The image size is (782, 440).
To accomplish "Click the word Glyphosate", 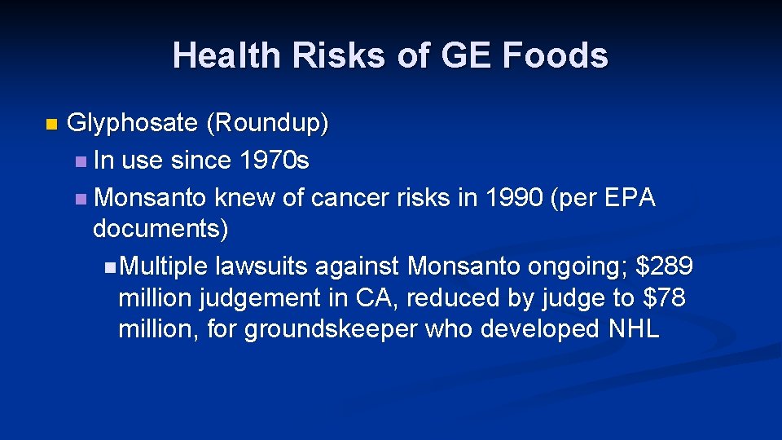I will point(132,123).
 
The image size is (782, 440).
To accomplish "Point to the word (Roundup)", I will point(268,123).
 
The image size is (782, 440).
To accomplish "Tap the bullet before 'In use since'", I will point(79,161).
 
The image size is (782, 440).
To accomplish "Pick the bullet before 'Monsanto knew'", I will point(79,198).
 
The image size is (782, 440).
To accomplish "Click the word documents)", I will point(160,229).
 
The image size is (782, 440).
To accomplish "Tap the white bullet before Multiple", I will point(110,266).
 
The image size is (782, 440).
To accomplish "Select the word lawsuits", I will point(263,266).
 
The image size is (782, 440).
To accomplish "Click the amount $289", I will point(664,266).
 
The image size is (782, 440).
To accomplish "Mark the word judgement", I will point(260,297).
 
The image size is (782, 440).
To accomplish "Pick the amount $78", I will point(664,297).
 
